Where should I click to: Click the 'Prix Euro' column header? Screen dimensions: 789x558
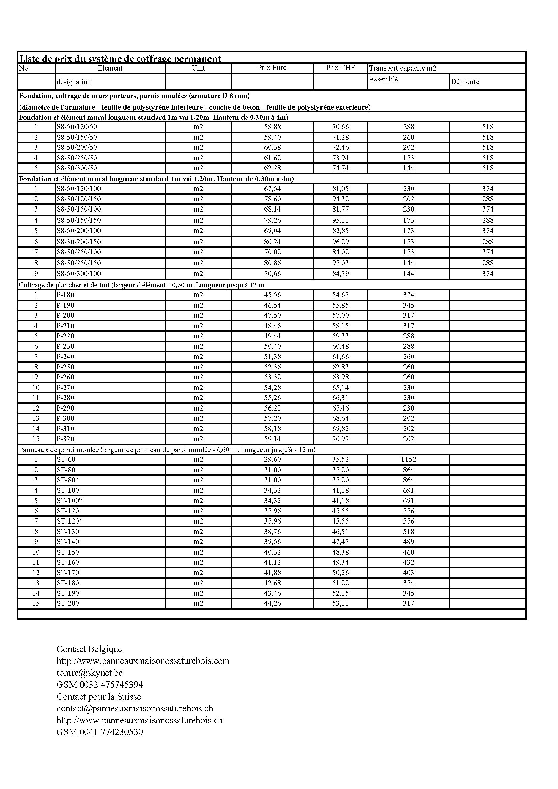pyautogui.click(x=272, y=68)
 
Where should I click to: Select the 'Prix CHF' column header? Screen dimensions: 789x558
pyautogui.click(x=340, y=68)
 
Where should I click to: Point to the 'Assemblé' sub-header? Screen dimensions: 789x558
pyautogui.click(x=384, y=79)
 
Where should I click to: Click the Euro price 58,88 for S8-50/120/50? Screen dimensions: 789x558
pyautogui.click(x=273, y=127)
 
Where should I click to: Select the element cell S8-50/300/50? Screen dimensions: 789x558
pyautogui.click(x=77, y=168)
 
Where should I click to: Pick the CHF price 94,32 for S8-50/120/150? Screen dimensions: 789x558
pyautogui.click(x=340, y=199)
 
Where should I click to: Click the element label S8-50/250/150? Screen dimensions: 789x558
pyautogui.click(x=79, y=263)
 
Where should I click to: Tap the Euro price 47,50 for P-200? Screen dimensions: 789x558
pyautogui.click(x=273, y=315)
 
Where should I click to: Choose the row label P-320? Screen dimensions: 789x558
pyautogui.click(x=65, y=439)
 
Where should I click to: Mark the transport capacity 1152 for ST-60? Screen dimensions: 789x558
pyautogui.click(x=409, y=459)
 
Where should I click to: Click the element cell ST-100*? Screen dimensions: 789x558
pyautogui.click(x=70, y=501)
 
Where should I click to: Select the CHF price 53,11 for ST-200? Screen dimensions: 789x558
pyautogui.click(x=340, y=603)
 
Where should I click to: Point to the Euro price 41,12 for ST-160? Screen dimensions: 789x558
pyautogui.click(x=273, y=562)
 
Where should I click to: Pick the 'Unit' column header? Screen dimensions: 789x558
pyautogui.click(x=198, y=68)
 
